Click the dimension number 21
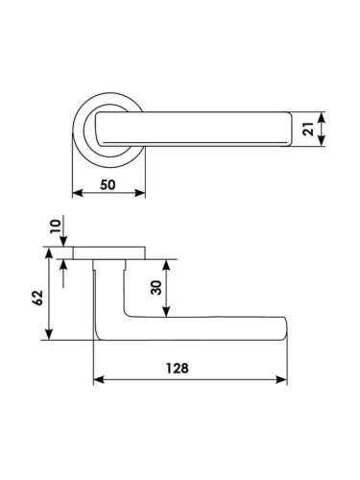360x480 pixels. click(308, 129)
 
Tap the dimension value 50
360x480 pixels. click(108, 185)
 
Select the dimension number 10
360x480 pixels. click(56, 227)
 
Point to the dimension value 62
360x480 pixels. click(38, 298)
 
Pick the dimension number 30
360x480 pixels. click(156, 287)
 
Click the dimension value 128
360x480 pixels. click(177, 369)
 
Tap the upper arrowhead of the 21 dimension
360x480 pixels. click(322, 117)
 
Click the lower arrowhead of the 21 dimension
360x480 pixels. click(322, 141)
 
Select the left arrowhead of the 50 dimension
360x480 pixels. click(79, 193)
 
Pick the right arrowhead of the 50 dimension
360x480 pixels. click(140, 193)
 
